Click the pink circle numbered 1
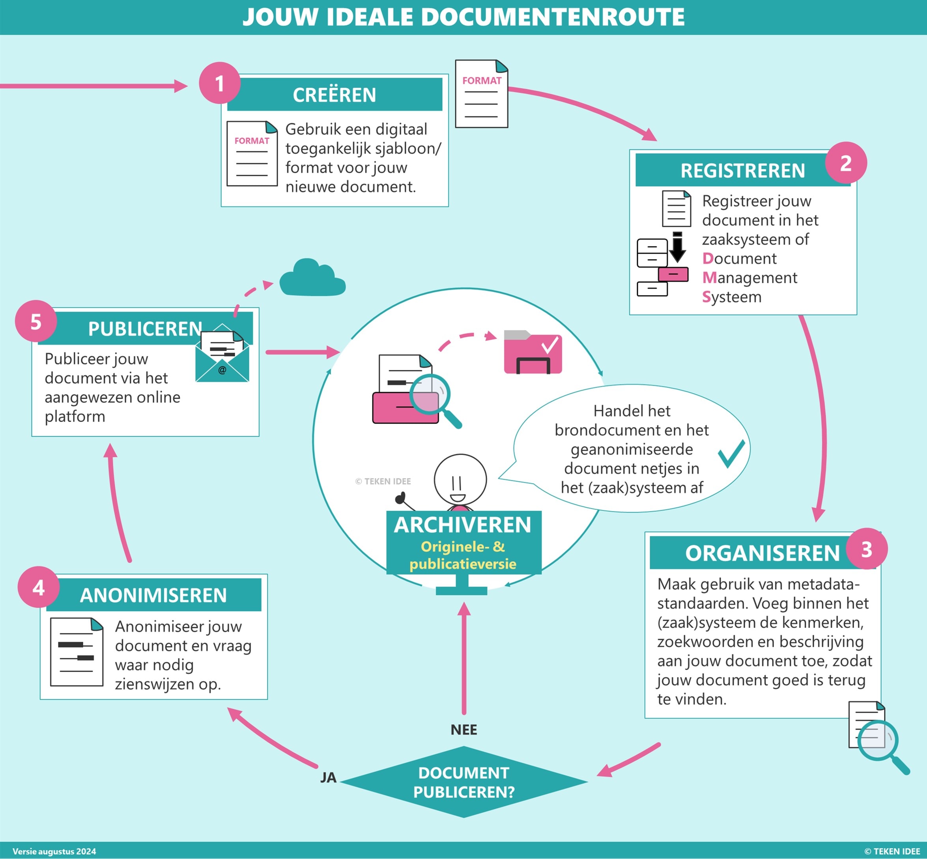[x=219, y=83]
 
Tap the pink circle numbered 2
[x=846, y=162]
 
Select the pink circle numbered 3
[x=867, y=549]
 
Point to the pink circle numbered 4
[x=39, y=587]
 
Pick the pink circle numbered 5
[x=36, y=322]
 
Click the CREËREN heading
[x=334, y=95]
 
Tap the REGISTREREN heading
[x=742, y=171]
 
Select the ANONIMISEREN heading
[x=153, y=595]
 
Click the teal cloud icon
[x=312, y=278]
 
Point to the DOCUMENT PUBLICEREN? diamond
[x=464, y=782]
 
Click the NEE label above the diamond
[x=463, y=730]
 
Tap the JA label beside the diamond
[x=328, y=778]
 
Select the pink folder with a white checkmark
[x=533, y=353]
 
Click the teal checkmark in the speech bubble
[x=731, y=453]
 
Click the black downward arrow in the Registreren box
[x=677, y=248]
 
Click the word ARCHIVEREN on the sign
[x=463, y=525]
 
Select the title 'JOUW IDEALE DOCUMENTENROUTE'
[x=463, y=17]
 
